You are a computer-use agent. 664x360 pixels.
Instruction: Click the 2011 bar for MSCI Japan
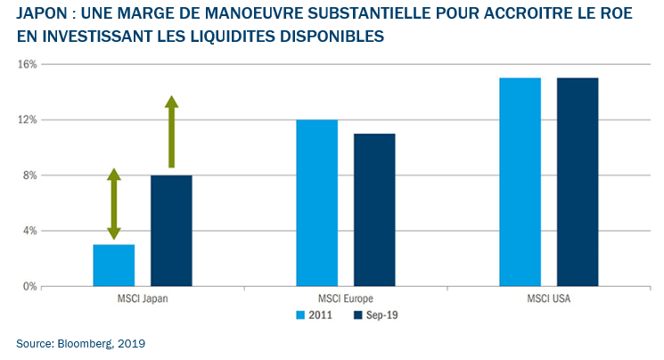click(x=113, y=266)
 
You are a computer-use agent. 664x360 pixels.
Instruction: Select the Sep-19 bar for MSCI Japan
click(x=171, y=231)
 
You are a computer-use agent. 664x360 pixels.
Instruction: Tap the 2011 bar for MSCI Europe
click(x=316, y=203)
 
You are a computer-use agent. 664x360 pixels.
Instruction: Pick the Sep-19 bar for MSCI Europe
click(x=374, y=210)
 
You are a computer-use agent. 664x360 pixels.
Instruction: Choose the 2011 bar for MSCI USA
click(x=521, y=182)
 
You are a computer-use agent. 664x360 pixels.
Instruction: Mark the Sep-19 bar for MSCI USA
click(x=578, y=182)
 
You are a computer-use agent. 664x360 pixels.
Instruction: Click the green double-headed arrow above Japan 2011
click(x=113, y=204)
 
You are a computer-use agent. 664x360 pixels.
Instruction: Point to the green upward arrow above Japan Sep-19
click(x=171, y=132)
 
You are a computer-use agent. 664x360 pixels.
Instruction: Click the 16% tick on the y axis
click(x=26, y=65)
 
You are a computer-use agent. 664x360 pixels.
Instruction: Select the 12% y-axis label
click(x=26, y=120)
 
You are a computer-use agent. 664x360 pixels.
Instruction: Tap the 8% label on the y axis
click(x=29, y=176)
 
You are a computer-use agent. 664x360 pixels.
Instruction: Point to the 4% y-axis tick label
click(x=29, y=231)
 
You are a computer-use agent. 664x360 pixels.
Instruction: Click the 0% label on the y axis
click(x=29, y=287)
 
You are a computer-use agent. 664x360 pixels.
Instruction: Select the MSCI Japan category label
click(x=143, y=299)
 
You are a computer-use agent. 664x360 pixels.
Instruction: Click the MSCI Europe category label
click(x=346, y=299)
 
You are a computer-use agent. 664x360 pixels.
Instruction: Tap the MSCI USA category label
click(x=549, y=299)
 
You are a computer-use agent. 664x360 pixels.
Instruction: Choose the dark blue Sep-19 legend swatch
click(x=358, y=315)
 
